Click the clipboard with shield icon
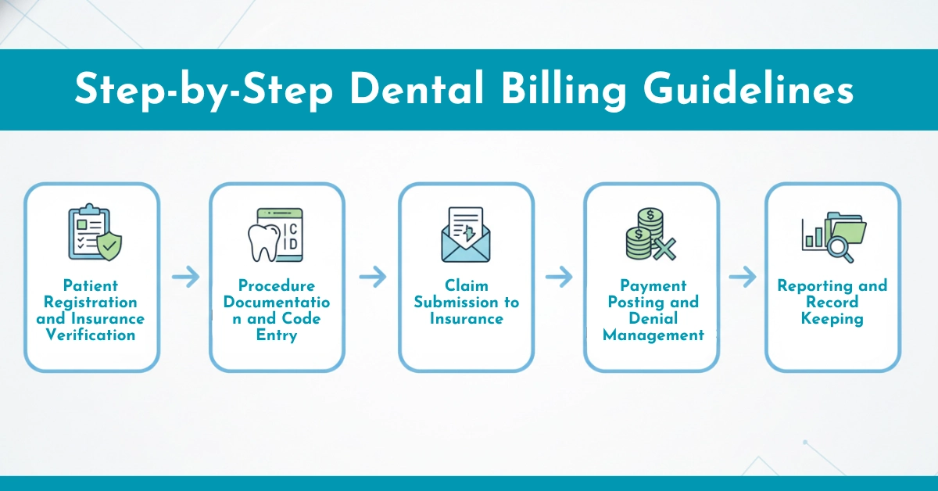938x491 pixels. tap(94, 233)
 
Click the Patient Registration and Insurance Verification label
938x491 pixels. tap(91, 310)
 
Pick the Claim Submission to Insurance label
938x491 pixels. tap(467, 303)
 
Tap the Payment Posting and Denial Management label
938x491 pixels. tap(653, 310)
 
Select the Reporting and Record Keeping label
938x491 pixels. tap(832, 303)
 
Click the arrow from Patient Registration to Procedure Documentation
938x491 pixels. tap(185, 277)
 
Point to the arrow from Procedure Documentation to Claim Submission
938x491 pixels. tap(373, 277)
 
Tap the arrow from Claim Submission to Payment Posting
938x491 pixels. tap(559, 277)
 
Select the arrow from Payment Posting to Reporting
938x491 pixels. tap(743, 277)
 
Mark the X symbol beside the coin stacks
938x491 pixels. tap(664, 249)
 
